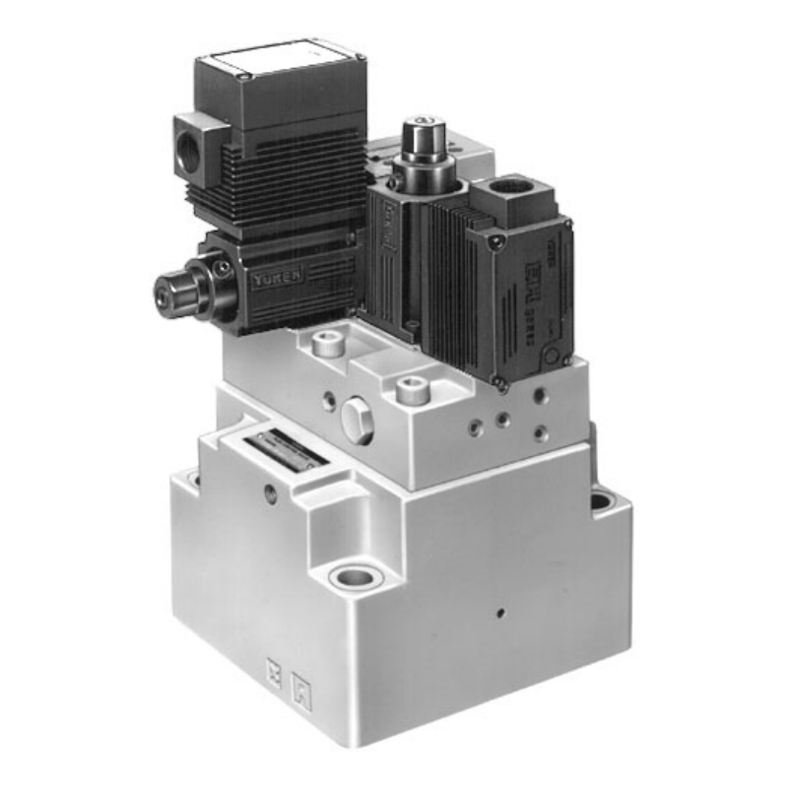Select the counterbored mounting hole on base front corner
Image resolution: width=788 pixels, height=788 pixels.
pos(351,574)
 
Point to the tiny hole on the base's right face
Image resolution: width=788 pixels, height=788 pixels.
pos(500,612)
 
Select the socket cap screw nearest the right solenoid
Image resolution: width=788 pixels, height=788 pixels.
pos(411,390)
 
